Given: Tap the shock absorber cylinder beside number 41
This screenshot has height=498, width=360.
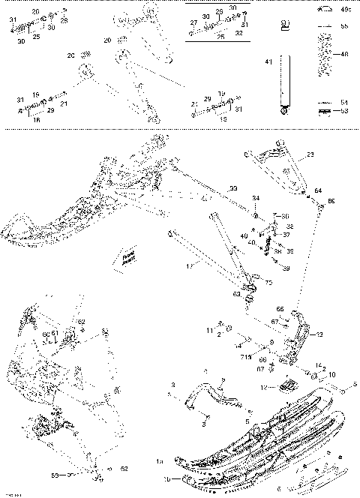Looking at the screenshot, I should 283,83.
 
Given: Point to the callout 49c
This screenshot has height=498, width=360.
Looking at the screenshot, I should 345,9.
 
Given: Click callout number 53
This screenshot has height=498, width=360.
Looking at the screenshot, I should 345,111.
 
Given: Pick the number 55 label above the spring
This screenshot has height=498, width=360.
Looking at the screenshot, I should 345,26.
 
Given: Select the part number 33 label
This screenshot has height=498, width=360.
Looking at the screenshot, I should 233,187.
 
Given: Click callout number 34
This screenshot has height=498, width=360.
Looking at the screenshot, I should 256,199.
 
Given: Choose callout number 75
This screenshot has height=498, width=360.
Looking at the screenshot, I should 268,283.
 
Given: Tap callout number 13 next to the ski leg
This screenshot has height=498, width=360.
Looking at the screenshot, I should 319,336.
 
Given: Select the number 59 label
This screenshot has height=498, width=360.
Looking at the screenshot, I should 75,475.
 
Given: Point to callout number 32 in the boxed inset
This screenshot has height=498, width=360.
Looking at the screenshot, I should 238,34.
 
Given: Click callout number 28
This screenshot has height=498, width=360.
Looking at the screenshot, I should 64,20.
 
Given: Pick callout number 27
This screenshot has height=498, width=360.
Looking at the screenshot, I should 193,23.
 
